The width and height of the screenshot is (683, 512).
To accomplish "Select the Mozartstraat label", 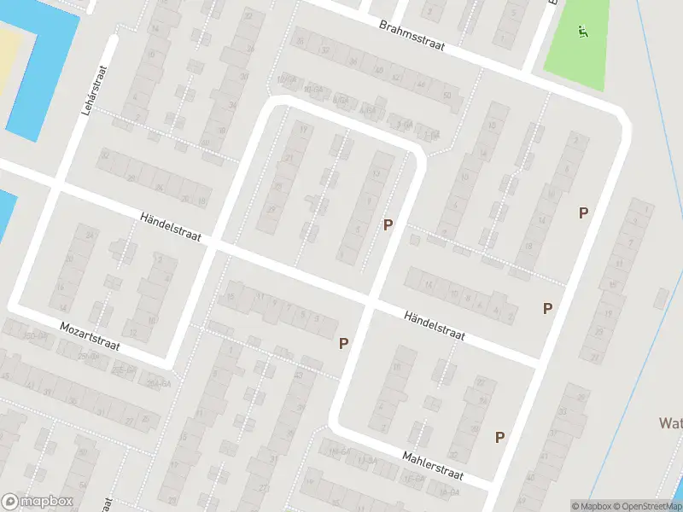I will click(x=90, y=337).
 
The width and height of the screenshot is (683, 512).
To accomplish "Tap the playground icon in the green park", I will click(x=584, y=32).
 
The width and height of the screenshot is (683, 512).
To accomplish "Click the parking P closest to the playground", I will click(x=584, y=213).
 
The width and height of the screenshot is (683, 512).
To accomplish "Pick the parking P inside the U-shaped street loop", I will click(x=388, y=225).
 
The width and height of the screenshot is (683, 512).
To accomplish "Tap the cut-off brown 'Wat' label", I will click(x=669, y=423).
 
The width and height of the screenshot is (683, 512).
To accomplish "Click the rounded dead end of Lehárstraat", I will click(x=112, y=39).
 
